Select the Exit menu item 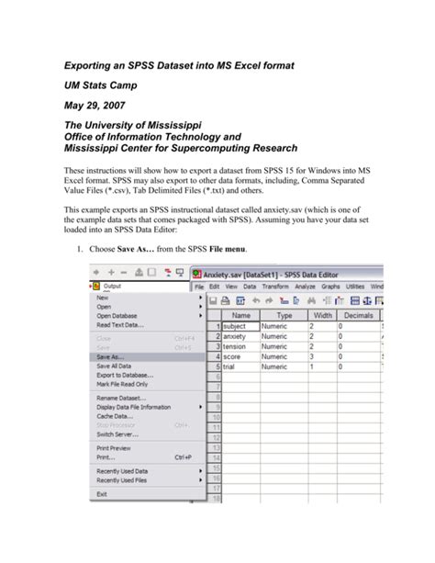(102, 494)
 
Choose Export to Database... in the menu (126, 375)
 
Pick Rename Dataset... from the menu (122, 398)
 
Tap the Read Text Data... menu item (119, 324)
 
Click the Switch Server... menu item (117, 434)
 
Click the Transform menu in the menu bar (276, 287)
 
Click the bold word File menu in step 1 (229, 250)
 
